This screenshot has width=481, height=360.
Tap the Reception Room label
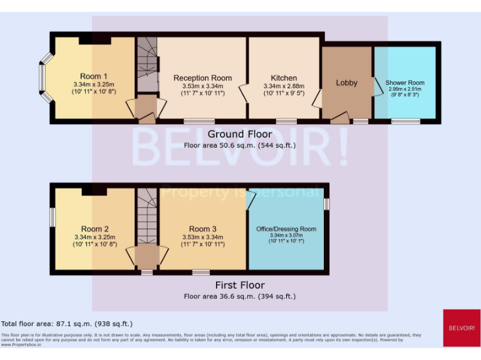pyautogui.click(x=202, y=78)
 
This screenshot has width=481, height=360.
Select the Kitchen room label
pyautogui.click(x=284, y=78)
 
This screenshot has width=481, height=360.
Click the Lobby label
pyautogui.click(x=346, y=82)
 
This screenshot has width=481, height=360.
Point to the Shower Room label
pyautogui.click(x=405, y=82)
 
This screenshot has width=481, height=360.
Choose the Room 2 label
pyautogui.click(x=95, y=229)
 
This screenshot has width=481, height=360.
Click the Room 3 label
pyautogui.click(x=202, y=229)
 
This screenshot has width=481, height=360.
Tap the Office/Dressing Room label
pyautogui.click(x=286, y=229)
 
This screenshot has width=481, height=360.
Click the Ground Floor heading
pyautogui.click(x=240, y=134)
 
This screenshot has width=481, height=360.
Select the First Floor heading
pyautogui.click(x=240, y=286)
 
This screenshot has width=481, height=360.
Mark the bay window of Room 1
pyautogui.click(x=43, y=78)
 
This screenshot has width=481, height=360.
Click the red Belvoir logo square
pyautogui.click(x=462, y=328)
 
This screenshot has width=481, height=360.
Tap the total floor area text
pyautogui.click(x=67, y=324)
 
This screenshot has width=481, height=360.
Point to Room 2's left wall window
pyautogui.click(x=53, y=217)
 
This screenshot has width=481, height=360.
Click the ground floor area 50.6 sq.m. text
pyautogui.click(x=240, y=145)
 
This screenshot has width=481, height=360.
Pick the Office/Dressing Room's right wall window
pyautogui.click(x=326, y=204)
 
